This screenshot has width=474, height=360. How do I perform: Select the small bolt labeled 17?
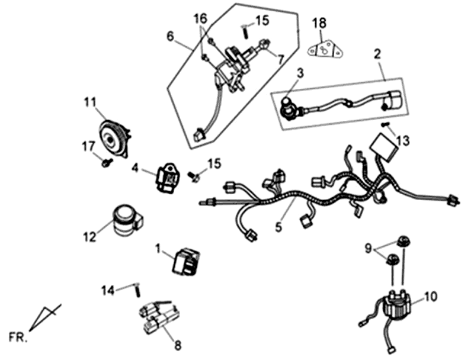point(106,161)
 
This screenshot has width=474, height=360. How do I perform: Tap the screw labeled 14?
point(137,290)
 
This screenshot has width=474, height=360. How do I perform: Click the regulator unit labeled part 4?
point(166,176)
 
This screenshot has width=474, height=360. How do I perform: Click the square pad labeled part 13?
point(386,146)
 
